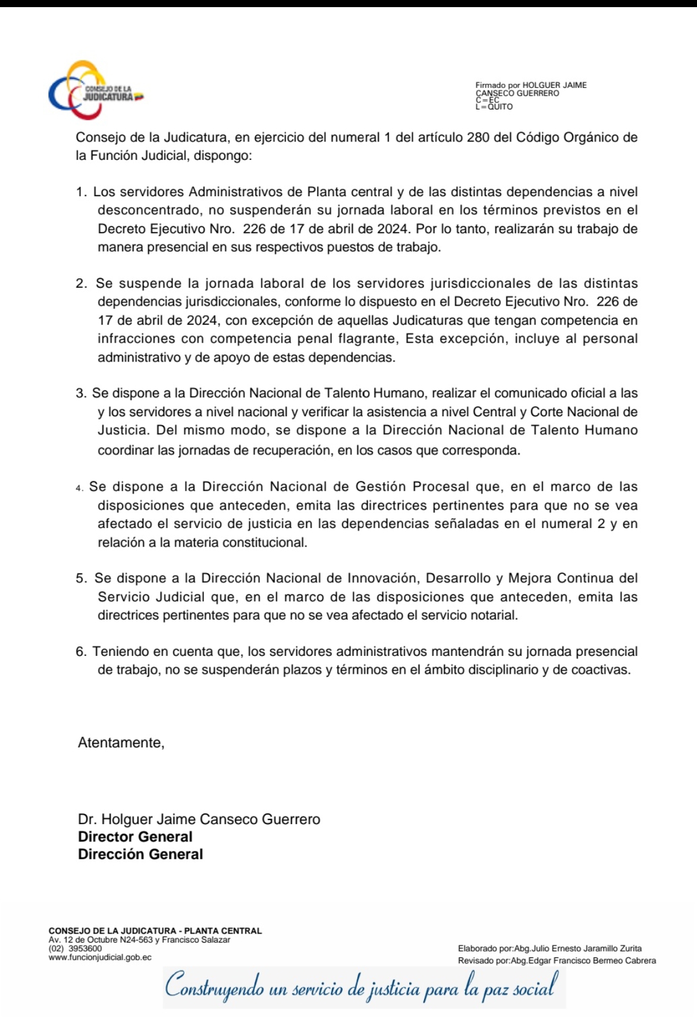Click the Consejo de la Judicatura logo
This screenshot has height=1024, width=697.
click(96, 91)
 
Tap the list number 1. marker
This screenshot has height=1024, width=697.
click(82, 192)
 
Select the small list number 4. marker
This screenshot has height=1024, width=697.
click(80, 488)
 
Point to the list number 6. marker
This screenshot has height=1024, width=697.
click(81, 652)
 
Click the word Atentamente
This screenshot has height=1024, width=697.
click(121, 743)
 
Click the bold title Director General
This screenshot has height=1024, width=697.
click(135, 837)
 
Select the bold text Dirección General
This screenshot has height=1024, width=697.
click(140, 854)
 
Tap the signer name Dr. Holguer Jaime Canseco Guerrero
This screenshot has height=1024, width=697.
click(199, 819)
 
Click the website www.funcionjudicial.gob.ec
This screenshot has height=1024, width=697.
click(100, 957)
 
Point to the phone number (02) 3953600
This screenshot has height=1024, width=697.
click(76, 948)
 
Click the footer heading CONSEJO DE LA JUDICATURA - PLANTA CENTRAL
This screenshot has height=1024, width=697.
click(155, 931)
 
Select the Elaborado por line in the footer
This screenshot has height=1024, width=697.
click(550, 948)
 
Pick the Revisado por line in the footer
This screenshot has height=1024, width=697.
click(557, 960)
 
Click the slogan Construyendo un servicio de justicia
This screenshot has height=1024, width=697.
click(362, 988)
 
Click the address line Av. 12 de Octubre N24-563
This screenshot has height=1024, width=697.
click(139, 940)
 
